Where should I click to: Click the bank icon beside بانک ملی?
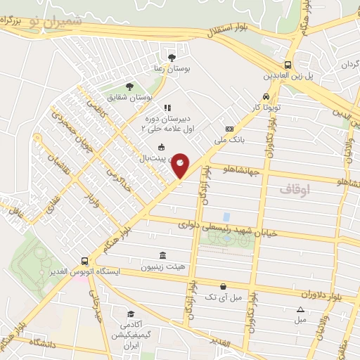pos(229,129)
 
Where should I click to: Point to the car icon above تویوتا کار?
pos(265,96)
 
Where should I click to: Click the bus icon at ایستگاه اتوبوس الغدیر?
pos(85,259)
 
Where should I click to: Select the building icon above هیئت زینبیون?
pos(163,255)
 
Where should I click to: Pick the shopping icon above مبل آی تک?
pos(223,286)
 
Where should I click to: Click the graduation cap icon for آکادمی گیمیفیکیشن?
pos(130,314)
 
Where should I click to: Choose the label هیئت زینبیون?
pos(163,267)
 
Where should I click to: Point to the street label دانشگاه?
pos(44,342)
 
